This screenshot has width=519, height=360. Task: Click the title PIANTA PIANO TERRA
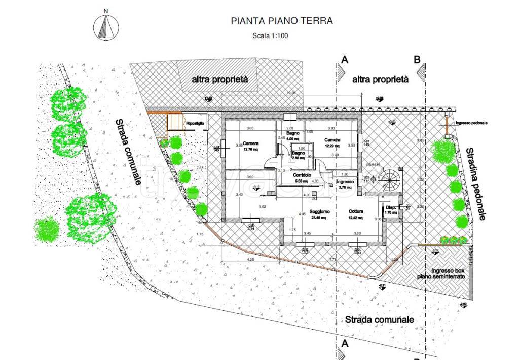coord(282,21)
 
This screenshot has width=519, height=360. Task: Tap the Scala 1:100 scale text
coord(269,35)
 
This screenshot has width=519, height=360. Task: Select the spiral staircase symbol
coord(389,178)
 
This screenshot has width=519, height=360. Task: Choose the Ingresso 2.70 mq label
coord(344,184)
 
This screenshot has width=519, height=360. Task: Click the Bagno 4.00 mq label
coord(293,135)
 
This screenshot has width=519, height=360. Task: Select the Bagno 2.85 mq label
coord(298,155)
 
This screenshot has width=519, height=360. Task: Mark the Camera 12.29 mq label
coord(332,143)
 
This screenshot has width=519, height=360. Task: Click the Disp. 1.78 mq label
coord(391,210)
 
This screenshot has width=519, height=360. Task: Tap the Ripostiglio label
coord(195,123)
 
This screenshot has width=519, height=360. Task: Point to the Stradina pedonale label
coord(475,184)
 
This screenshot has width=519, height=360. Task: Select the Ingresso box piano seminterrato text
coord(441,274)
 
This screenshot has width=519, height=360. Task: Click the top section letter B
coord(417,60)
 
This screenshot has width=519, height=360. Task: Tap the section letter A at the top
coord(344,60)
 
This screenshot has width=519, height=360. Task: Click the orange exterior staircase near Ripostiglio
coord(174,122)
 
